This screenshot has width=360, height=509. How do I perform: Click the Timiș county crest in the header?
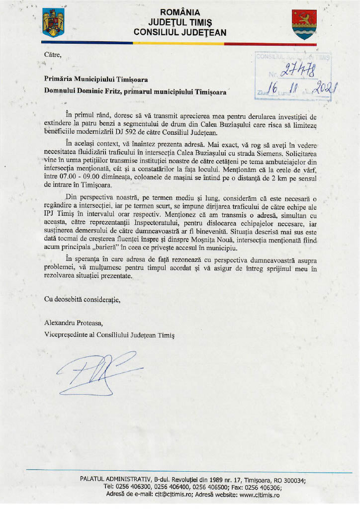(x=303, y=24)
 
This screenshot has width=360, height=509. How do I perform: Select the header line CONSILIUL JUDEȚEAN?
(x=180, y=32)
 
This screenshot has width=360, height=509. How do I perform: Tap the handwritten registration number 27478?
(x=298, y=71)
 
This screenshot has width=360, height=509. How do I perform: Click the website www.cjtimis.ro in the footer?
(x=253, y=495)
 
